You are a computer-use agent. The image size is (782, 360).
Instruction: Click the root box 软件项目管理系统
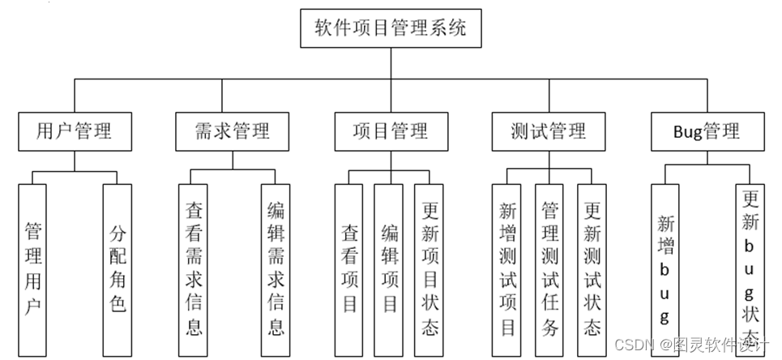click(391, 29)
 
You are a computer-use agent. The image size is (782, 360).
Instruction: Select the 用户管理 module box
click(75, 131)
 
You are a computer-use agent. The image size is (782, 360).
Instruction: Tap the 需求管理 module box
click(232, 131)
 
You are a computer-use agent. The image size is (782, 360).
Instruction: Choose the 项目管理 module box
click(391, 131)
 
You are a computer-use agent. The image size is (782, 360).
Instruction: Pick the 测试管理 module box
click(549, 131)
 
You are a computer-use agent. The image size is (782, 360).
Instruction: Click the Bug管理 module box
click(707, 131)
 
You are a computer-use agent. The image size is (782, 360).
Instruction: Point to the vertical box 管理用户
click(33, 269)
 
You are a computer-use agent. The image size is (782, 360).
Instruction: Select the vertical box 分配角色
click(118, 269)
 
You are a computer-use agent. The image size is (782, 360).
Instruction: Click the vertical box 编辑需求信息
click(276, 269)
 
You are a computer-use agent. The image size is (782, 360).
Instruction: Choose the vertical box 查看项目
click(349, 269)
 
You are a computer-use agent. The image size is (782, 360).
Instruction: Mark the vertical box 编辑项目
click(390, 269)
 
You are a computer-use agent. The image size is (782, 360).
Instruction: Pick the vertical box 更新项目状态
click(430, 269)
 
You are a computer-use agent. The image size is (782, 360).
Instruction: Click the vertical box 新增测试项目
click(508, 269)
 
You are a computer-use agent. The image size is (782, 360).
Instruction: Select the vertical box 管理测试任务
click(549, 269)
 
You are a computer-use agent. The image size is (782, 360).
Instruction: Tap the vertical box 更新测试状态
click(592, 269)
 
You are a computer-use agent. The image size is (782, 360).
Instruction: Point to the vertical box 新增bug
click(665, 269)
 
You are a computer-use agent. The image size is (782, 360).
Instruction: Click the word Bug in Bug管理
click(688, 131)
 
